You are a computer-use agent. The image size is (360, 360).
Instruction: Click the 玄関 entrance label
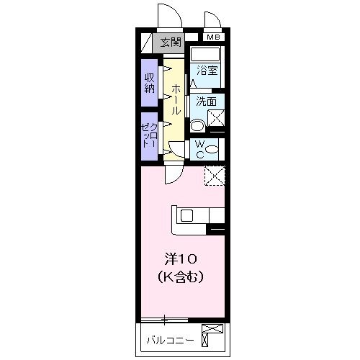(x=171, y=42)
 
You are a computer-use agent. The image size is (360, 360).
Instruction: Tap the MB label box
(x=212, y=37)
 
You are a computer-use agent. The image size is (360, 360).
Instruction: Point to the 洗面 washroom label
(x=207, y=102)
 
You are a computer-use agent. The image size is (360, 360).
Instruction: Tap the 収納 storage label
(x=150, y=83)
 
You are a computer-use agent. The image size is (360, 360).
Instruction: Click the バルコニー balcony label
(x=169, y=340)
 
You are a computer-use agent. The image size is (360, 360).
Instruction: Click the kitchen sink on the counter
(x=186, y=215)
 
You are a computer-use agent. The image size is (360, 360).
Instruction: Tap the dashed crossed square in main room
(x=215, y=176)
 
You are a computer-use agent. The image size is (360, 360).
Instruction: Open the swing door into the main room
(x=174, y=174)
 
